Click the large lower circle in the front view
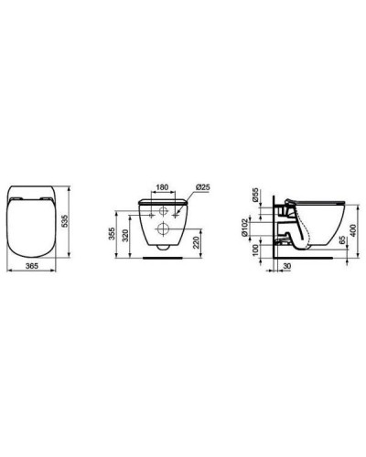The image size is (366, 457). (x=162, y=228)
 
